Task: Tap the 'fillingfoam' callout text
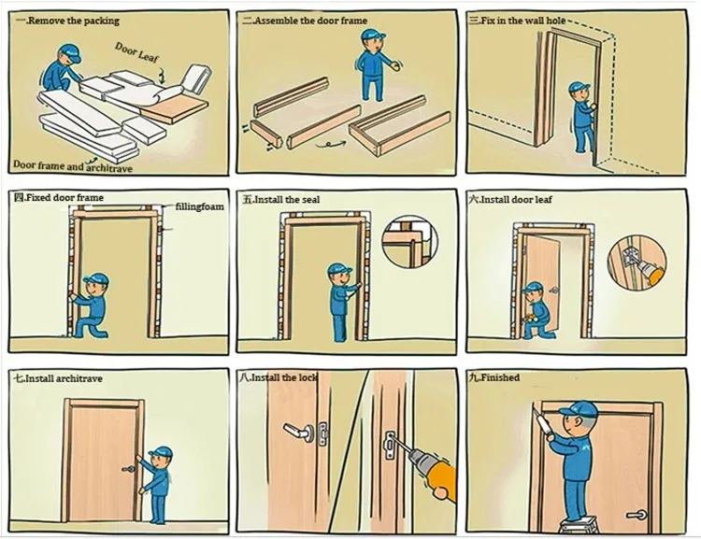200,206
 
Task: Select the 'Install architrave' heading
58,378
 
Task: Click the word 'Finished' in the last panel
500,377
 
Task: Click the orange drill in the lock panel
430,466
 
